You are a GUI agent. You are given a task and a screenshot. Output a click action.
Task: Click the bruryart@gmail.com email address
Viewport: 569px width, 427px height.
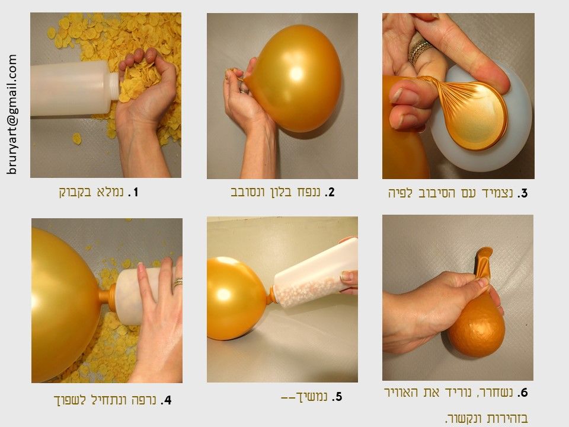click(11, 114)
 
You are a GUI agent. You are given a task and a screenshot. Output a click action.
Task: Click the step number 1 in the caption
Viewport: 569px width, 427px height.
click(135, 192)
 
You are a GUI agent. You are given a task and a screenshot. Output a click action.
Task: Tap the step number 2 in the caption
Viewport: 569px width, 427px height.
click(331, 192)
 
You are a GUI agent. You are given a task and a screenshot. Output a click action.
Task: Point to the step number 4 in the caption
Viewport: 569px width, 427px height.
click(167, 400)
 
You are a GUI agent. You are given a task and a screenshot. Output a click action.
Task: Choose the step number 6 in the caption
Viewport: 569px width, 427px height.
click(523, 393)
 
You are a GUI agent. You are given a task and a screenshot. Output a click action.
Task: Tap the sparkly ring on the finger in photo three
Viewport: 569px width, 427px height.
click(420, 51)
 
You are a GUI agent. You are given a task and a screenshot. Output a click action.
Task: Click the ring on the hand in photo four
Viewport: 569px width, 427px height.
click(177, 282)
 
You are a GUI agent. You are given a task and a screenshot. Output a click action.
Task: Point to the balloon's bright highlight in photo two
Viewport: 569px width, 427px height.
click(296, 74)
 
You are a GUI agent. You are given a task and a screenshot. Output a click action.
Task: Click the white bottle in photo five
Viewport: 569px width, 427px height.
click(315, 272)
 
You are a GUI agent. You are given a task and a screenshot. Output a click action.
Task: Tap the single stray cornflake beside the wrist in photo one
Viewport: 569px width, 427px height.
click(76, 138)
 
